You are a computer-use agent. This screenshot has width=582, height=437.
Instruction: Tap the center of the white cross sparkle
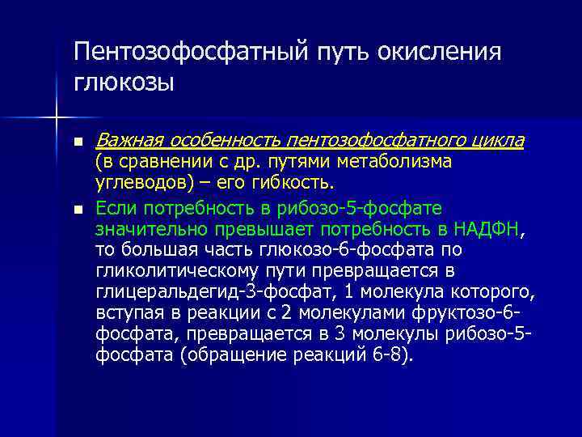pos(56,118)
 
